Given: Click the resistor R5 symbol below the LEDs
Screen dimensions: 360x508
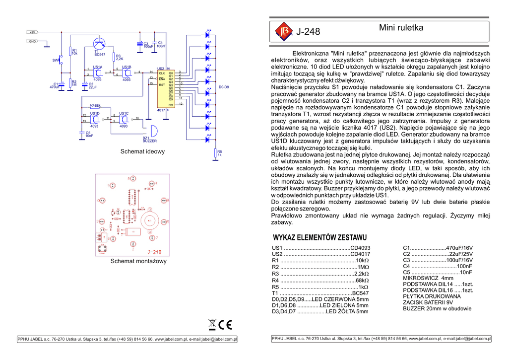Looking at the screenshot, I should pyautogui.click(x=215, y=153).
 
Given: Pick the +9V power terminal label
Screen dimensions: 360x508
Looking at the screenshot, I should pyautogui.click(x=33, y=32).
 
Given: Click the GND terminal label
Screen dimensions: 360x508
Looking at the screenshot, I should pyautogui.click(x=32, y=41).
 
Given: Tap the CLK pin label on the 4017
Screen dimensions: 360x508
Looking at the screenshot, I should pyautogui.click(x=162, y=73).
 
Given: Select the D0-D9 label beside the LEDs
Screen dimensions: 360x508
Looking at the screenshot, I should pyautogui.click(x=224, y=87).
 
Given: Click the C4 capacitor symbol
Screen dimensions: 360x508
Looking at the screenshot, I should pyautogui.click(x=154, y=44).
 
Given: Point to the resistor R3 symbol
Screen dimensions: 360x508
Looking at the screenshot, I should pyautogui.click(x=114, y=57).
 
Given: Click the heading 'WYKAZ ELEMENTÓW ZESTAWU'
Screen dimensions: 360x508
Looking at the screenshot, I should pyautogui.click(x=320, y=237).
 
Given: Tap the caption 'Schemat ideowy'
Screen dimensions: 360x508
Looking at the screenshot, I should pyautogui.click(x=142, y=151).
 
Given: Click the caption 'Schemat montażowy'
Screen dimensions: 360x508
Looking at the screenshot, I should pyautogui.click(x=138, y=261).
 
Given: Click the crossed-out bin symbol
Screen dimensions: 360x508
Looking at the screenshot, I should pyautogui.click(x=213, y=325).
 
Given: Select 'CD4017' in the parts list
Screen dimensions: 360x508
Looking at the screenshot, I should pyautogui.click(x=360, y=254).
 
